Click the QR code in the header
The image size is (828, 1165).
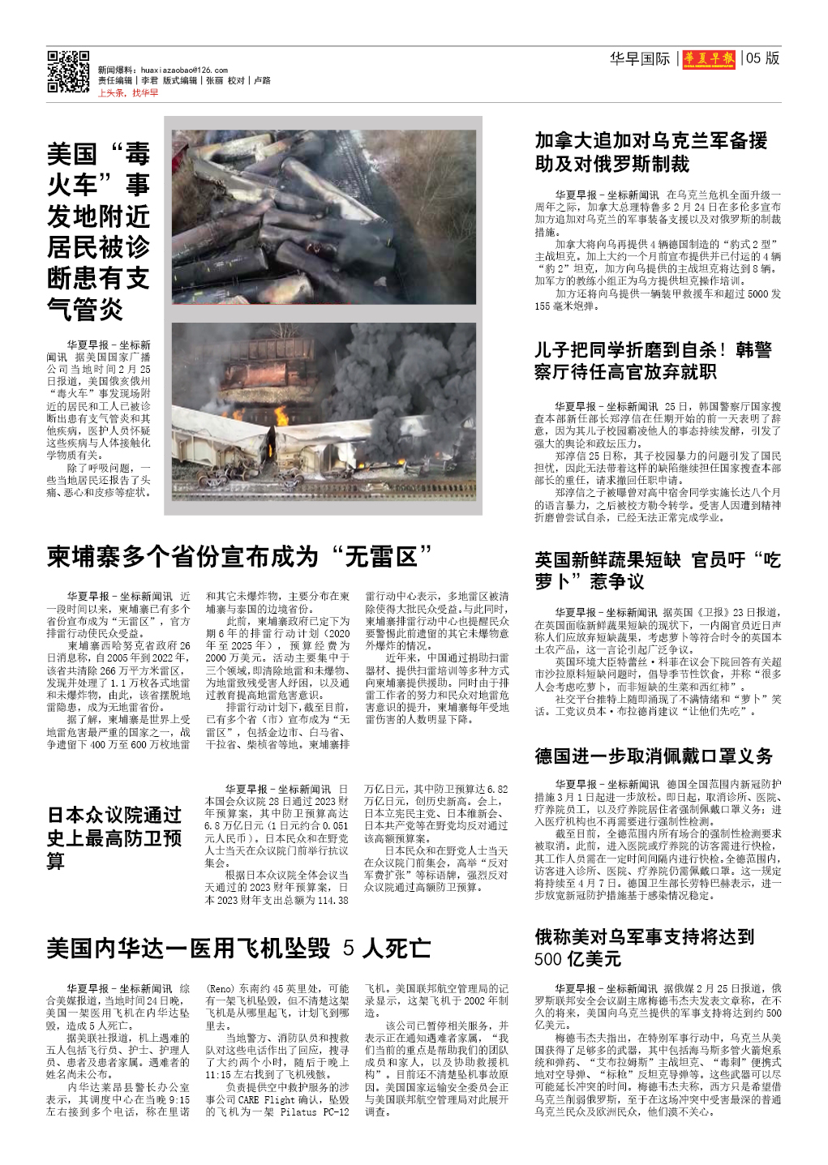click(x=68, y=71)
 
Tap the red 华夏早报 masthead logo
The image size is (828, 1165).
click(x=709, y=58)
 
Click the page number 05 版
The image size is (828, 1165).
click(x=762, y=58)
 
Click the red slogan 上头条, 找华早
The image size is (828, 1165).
click(x=128, y=93)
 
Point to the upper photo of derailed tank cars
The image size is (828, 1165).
click(x=324, y=216)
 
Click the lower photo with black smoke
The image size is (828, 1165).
click(x=324, y=413)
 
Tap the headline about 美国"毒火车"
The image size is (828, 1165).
click(x=98, y=231)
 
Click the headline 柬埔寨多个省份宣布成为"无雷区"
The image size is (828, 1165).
click(x=239, y=557)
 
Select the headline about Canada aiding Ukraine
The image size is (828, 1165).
click(x=651, y=152)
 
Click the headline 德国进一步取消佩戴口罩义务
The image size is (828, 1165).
click(x=654, y=756)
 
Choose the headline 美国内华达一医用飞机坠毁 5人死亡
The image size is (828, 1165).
click(x=238, y=948)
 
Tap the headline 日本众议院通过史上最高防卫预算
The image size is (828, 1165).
click(x=114, y=837)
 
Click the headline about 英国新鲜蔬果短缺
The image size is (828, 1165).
click(x=657, y=571)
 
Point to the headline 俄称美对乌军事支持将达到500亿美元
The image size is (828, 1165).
click(x=644, y=948)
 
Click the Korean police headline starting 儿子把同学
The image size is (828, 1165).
click(x=652, y=361)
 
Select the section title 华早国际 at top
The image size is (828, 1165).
click(x=640, y=58)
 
